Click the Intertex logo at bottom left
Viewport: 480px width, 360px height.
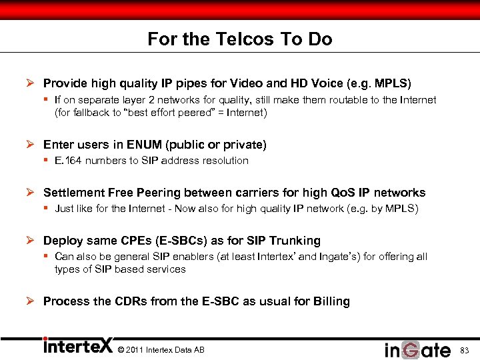77,347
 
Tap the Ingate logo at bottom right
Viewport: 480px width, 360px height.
417,349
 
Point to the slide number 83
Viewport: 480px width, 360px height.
465,350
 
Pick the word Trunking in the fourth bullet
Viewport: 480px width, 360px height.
297,241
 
